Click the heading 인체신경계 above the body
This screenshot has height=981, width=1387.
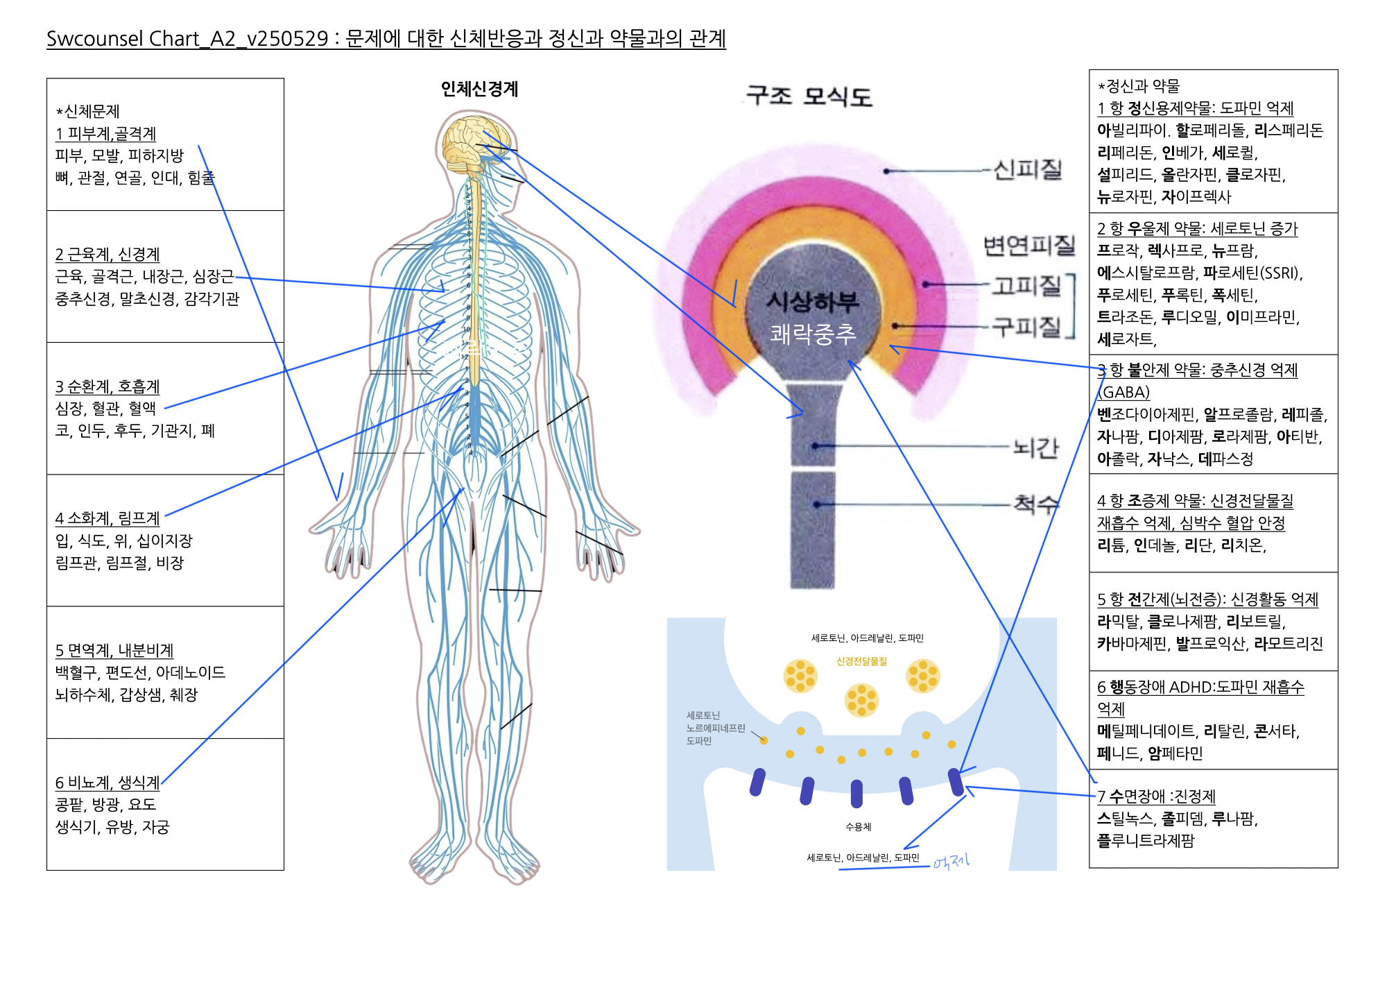(479, 89)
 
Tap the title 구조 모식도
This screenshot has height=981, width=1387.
(809, 96)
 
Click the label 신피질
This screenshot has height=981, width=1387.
(1027, 169)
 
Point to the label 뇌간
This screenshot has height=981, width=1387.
(1035, 447)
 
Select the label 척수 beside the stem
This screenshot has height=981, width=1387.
(1036, 504)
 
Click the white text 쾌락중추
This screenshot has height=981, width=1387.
(813, 334)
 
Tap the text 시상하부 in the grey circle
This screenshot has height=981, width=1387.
(812, 302)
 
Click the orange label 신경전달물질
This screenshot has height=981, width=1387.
(861, 661)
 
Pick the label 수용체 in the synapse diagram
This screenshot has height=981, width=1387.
(858, 826)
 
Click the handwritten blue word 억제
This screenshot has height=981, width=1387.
(951, 862)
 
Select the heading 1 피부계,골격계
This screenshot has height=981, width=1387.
(105, 133)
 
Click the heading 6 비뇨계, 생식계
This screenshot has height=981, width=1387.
(107, 783)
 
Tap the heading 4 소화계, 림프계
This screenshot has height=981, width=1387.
(107, 518)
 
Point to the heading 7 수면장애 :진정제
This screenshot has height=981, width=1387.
(1156, 796)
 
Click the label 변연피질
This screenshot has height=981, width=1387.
(1028, 245)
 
